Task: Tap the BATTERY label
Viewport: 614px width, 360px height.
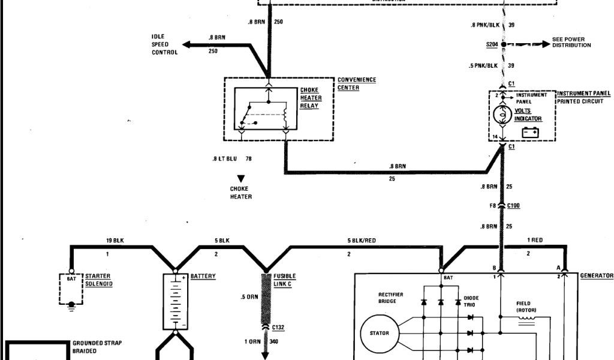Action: point(203,277)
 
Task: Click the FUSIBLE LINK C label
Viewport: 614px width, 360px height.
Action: point(285,280)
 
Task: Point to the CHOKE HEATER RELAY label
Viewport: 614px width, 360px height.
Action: point(310,98)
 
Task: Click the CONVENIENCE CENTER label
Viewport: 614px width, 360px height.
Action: point(357,83)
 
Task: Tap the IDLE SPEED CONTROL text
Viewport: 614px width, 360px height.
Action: point(164,44)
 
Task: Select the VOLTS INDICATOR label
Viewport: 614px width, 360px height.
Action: point(527,115)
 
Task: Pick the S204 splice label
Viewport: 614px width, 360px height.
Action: point(492,44)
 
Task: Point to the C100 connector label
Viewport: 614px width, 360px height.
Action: point(514,206)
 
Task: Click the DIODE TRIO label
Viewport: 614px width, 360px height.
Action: point(471,301)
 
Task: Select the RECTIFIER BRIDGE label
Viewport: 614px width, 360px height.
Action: point(390,298)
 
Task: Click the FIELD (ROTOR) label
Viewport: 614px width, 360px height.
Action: point(527,307)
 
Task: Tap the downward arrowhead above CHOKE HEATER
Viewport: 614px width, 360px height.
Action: point(241,179)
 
